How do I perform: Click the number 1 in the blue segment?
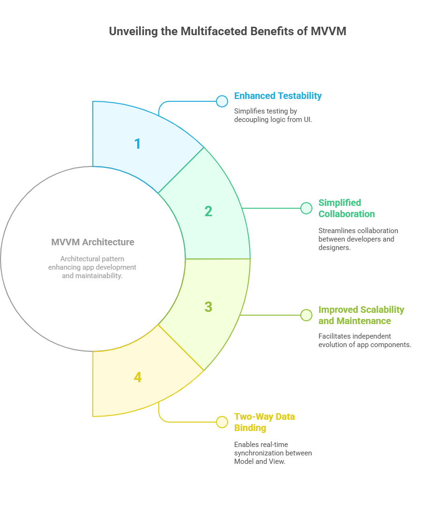[138, 144]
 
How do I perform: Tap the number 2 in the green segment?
[208, 212]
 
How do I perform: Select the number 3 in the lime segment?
[208, 307]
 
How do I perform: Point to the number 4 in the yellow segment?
[138, 378]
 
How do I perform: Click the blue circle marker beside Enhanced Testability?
[222, 101]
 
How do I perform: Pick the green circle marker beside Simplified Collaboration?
[306, 208]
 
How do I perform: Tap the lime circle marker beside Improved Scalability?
[306, 315]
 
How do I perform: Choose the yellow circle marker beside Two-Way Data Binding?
[222, 422]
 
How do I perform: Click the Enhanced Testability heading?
[278, 96]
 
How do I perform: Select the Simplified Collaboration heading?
[347, 208]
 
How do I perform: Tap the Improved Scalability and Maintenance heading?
[361, 315]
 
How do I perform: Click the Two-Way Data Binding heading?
[264, 422]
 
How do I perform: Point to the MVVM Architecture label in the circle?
[93, 242]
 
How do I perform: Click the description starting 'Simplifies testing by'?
[273, 115]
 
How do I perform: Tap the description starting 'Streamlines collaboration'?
[358, 239]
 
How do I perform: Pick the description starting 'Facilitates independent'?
[365, 341]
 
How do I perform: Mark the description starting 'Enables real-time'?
[273, 453]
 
